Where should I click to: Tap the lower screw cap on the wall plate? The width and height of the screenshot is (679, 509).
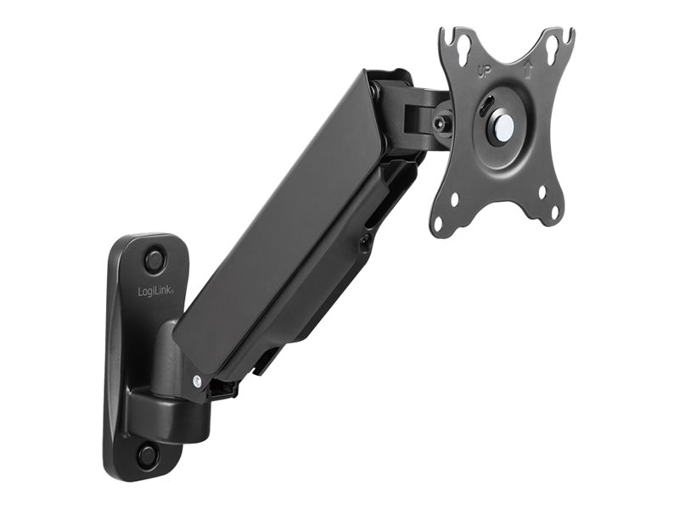[147, 455]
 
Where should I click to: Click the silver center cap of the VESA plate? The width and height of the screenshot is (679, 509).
[503, 127]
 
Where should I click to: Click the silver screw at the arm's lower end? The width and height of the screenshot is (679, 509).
[197, 381]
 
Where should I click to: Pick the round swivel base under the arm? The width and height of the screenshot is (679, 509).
[170, 416]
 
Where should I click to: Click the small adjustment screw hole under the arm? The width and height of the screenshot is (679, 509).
[365, 243]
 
